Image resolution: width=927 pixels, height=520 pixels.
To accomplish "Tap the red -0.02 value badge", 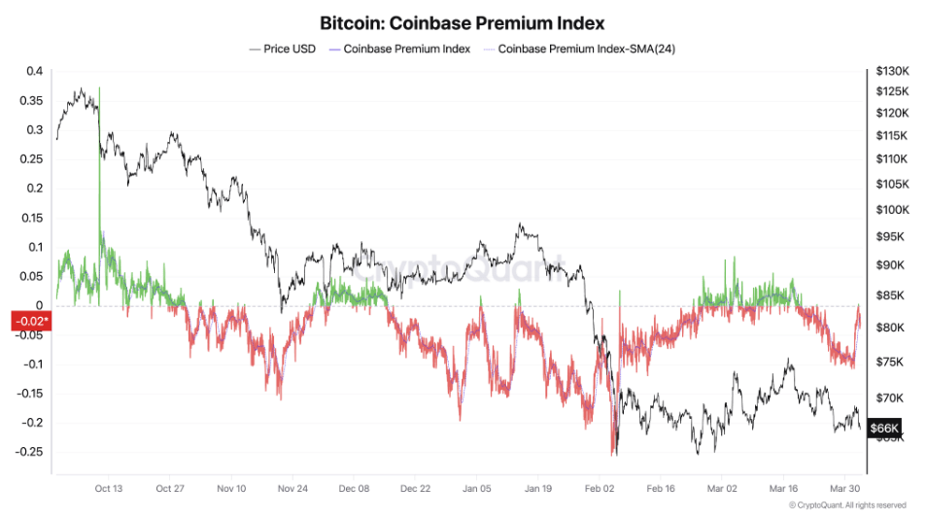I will pyautogui.click(x=29, y=321).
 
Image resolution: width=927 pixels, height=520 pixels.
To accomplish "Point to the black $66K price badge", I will pyautogui.click(x=884, y=428).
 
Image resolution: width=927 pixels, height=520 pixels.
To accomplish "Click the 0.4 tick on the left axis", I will pyautogui.click(x=35, y=71).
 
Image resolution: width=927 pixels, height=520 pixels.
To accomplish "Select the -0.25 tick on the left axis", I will pyautogui.click(x=30, y=452).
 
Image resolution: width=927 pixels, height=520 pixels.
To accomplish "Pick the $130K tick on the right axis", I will pyautogui.click(x=891, y=71).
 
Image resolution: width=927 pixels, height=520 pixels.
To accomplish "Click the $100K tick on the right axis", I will pyautogui.click(x=891, y=210).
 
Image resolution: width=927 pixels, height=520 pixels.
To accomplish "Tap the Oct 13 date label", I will pyautogui.click(x=109, y=489).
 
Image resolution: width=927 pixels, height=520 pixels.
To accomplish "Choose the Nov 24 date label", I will pyautogui.click(x=292, y=489).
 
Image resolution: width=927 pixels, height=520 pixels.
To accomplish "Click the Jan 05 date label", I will pyautogui.click(x=476, y=489).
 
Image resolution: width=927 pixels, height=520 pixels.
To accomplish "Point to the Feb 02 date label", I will pyautogui.click(x=600, y=489).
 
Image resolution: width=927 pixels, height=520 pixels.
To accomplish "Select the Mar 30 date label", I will pyautogui.click(x=843, y=489).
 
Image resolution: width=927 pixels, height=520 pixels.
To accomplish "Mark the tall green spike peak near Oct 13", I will pyautogui.click(x=99, y=89).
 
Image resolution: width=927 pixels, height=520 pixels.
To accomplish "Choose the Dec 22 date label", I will pyautogui.click(x=415, y=489).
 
